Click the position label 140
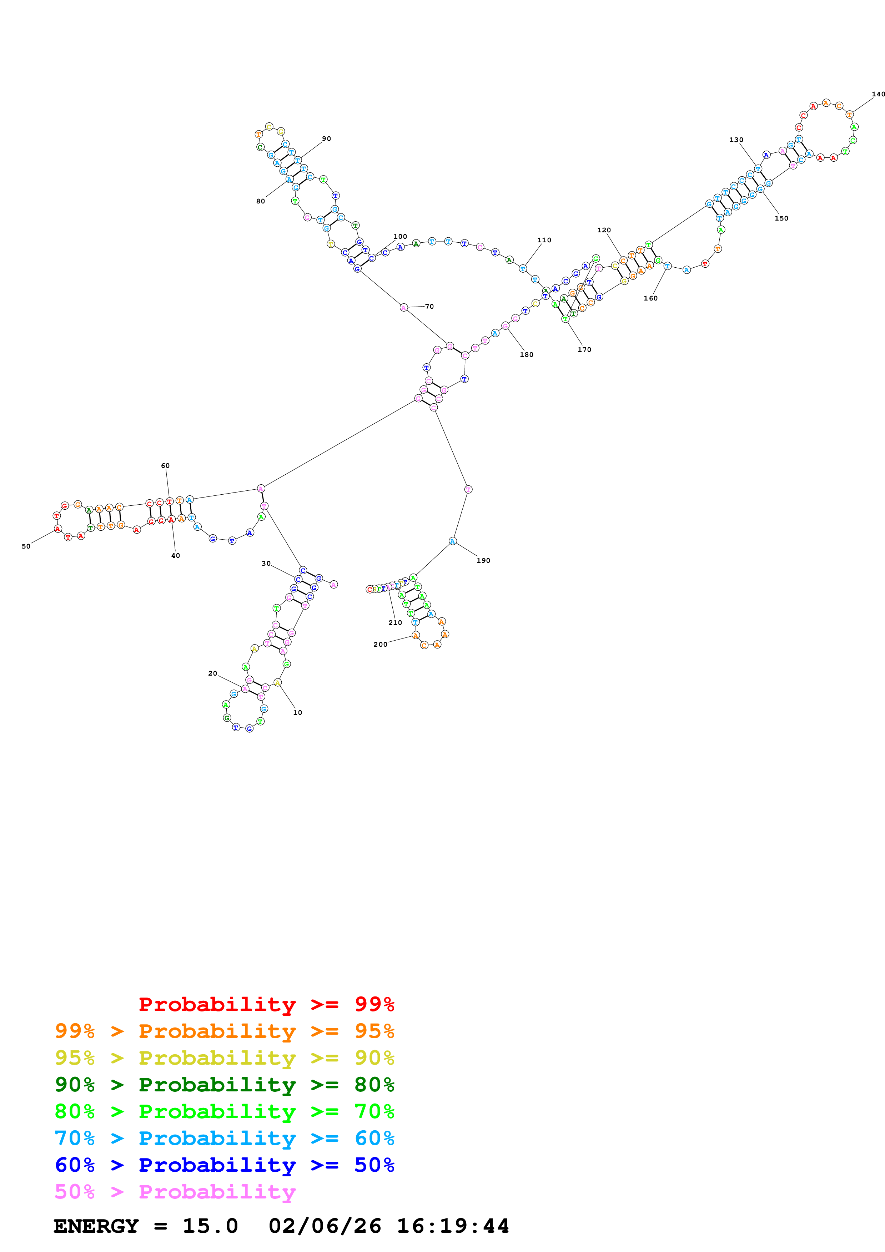[x=878, y=94]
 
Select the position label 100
[x=400, y=237]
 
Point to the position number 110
[x=544, y=240]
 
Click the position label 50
[x=26, y=546]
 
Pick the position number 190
[x=483, y=561]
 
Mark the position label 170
[x=584, y=349]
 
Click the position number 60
[x=165, y=466]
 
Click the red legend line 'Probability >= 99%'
[x=266, y=1004]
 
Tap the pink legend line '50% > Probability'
[x=175, y=1191]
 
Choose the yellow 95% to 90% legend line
[x=224, y=1057]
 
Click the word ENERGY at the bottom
[x=96, y=1226]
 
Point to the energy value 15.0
[x=210, y=1226]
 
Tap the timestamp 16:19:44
[x=453, y=1226]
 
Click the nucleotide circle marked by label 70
[x=403, y=308]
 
